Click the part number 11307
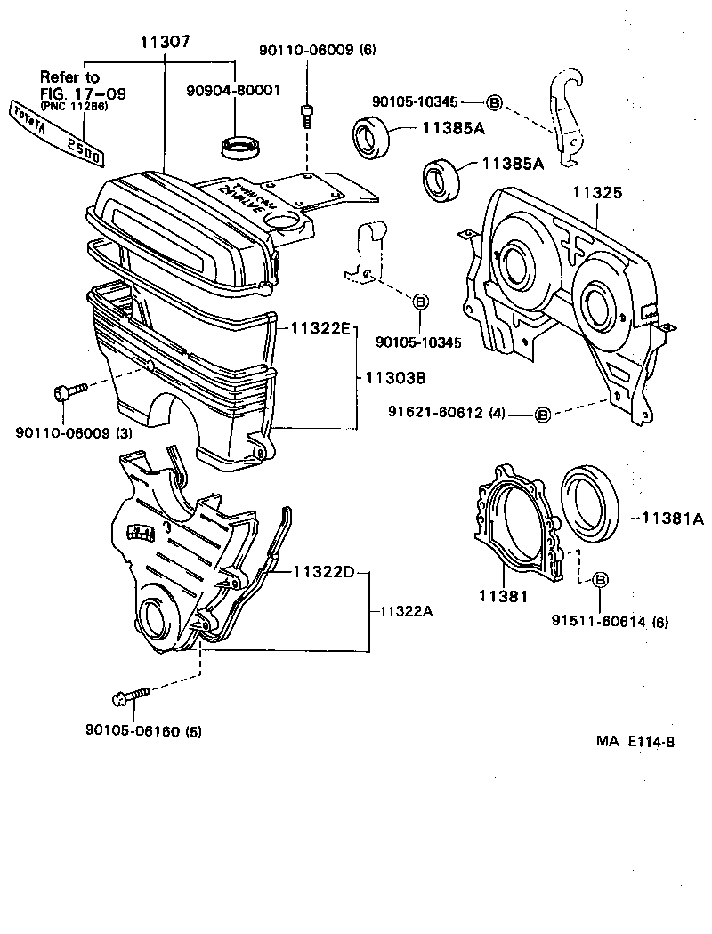point(165,42)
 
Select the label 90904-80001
point(233,90)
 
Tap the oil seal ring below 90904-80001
point(240,148)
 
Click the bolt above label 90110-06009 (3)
point(69,390)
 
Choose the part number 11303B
point(395,378)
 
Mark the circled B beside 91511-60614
point(599,580)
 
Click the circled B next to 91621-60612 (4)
point(542,413)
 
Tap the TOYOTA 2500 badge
point(55,134)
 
